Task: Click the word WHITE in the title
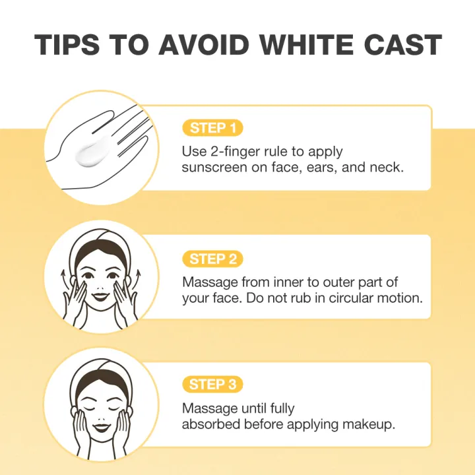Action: [x=306, y=45]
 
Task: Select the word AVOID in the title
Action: [x=204, y=45]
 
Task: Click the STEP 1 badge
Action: [x=212, y=128]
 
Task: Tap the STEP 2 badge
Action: [x=212, y=259]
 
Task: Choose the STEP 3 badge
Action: [x=212, y=384]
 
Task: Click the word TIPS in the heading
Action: [x=67, y=45]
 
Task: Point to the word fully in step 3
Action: [x=282, y=409]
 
